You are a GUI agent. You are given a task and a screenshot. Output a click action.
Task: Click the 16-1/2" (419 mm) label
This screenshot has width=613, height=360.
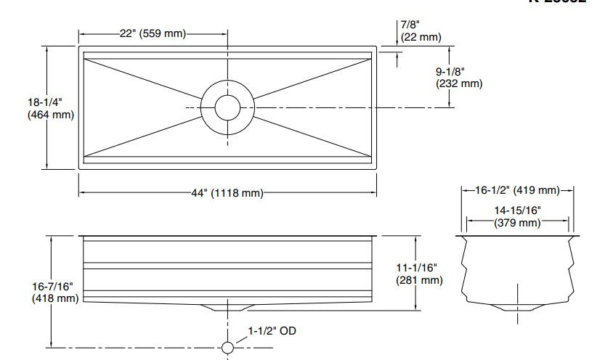517,191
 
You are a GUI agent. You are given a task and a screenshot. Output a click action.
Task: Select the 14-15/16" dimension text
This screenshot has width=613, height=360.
517,210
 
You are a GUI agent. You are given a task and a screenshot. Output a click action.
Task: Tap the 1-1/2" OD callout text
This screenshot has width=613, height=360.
272,331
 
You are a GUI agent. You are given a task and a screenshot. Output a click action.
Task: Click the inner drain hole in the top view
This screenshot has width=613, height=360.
227,107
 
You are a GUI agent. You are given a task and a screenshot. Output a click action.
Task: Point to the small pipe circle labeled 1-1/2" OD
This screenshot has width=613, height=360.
227,348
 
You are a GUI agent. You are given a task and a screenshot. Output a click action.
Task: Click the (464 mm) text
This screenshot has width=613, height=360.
50,115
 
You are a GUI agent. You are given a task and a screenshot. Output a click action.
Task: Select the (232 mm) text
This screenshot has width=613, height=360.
459,83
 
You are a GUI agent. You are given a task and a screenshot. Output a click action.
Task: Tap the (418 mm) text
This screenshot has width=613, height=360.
54,298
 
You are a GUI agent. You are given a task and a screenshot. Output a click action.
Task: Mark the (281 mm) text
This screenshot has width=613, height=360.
419,280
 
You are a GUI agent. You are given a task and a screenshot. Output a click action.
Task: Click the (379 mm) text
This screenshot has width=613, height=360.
517,222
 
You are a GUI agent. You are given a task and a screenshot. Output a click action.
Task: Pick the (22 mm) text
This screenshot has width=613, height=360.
421,37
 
